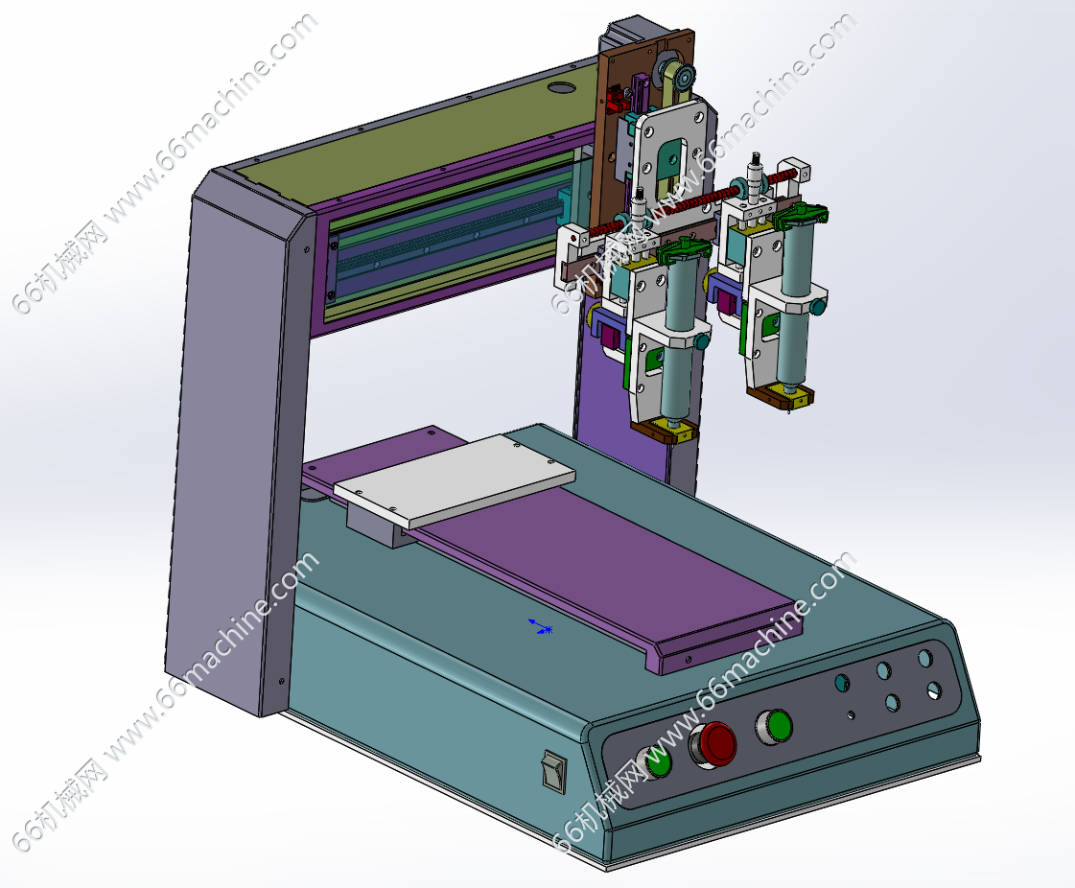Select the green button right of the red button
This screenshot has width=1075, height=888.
(775, 727)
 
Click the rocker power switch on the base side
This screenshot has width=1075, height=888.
(553, 770)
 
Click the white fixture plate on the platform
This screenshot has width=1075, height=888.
(454, 480)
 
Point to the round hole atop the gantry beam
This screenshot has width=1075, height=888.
(562, 88)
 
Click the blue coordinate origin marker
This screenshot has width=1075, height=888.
(540, 626)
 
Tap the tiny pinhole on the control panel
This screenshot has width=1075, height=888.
(851, 715)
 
